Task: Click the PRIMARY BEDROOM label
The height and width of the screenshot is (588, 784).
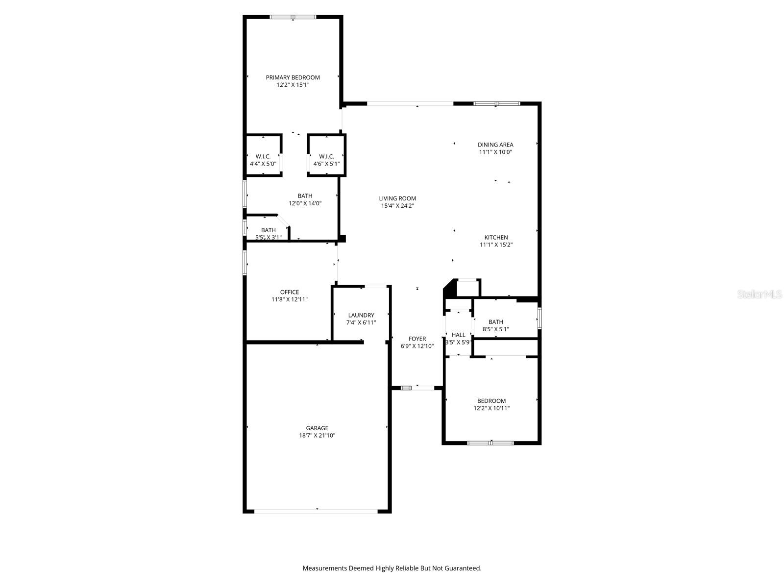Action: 293,77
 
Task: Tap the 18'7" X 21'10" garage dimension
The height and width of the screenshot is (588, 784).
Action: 317,435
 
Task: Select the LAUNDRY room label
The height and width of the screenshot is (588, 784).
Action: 361,315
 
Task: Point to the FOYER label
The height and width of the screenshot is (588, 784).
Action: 417,339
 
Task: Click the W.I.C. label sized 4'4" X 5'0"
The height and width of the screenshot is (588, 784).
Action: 263,157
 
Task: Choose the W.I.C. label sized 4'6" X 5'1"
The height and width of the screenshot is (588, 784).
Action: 326,157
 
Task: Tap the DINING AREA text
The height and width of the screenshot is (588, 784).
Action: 495,145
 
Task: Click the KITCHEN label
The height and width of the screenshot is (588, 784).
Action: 496,237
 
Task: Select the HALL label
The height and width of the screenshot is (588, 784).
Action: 458,335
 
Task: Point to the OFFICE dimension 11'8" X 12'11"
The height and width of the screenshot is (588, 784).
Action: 290,299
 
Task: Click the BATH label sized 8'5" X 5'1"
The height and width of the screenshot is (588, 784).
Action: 495,322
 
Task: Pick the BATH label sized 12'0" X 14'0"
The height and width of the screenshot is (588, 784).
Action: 305,196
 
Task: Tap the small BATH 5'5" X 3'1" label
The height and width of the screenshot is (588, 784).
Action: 268,230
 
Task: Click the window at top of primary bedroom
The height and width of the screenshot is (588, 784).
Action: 293,17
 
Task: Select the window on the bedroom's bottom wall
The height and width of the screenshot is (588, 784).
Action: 490,443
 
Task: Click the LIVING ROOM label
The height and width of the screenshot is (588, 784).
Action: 397,198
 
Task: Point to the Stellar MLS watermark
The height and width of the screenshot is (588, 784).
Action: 759,294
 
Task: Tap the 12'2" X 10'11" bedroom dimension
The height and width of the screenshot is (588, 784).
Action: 491,408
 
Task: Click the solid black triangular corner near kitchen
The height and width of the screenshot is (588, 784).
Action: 448,290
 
